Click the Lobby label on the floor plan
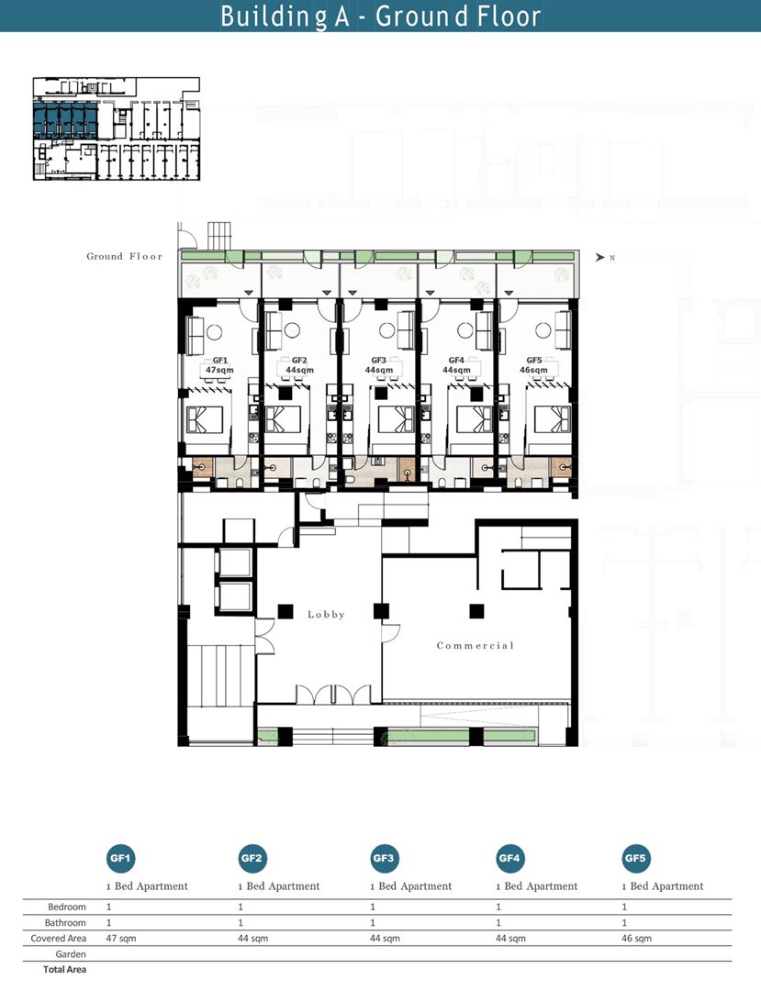click(x=326, y=614)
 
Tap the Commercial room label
click(x=476, y=645)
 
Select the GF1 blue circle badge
click(x=120, y=858)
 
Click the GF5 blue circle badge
click(x=635, y=858)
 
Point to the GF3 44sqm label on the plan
click(x=378, y=365)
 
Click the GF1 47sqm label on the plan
click(x=219, y=365)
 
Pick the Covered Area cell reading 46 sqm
click(x=636, y=939)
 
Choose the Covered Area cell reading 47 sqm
click(x=121, y=939)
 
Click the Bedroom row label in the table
click(x=66, y=907)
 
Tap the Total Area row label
click(x=64, y=970)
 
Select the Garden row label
click(x=70, y=954)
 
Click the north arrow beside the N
click(x=599, y=257)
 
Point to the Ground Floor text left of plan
click(x=125, y=256)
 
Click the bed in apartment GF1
click(x=205, y=419)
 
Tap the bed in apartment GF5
click(x=553, y=419)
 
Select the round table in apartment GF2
click(x=292, y=330)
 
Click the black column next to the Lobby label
click(x=285, y=612)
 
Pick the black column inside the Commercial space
click(x=476, y=611)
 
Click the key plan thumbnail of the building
click(x=117, y=129)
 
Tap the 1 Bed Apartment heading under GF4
click(x=537, y=886)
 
